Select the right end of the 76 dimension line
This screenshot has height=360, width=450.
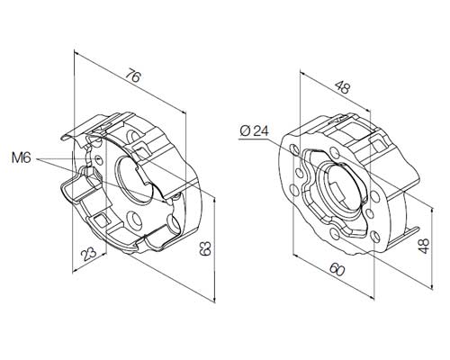[x=184, y=112]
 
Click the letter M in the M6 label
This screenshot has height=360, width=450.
[x=17, y=158]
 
